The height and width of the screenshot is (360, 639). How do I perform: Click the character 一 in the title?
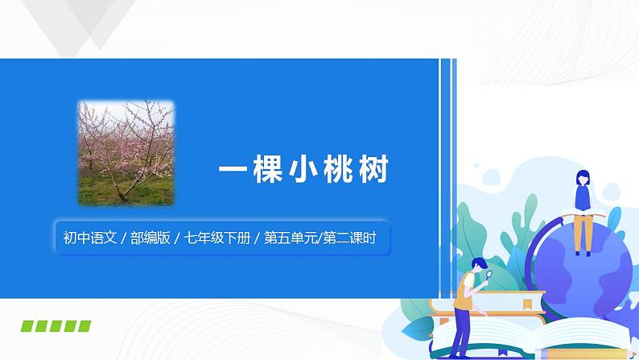click(x=233, y=172)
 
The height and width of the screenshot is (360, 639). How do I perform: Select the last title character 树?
click(x=374, y=172)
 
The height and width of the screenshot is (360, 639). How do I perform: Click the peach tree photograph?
click(x=126, y=152)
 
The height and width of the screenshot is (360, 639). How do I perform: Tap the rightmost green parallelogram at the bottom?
click(x=83, y=325)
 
